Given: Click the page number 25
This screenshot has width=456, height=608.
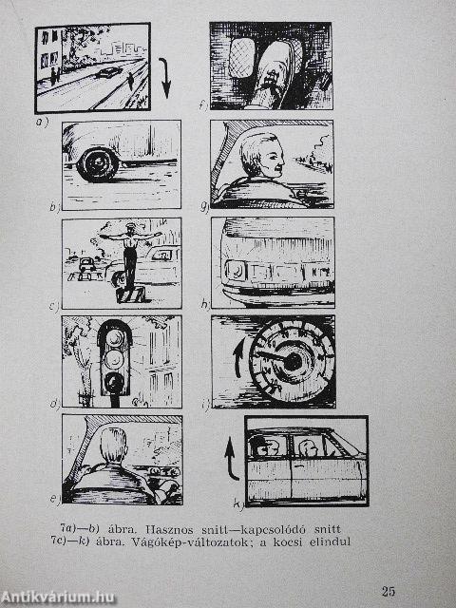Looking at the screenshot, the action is click(388, 591).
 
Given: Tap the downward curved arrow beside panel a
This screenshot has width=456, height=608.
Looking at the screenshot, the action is click(166, 78).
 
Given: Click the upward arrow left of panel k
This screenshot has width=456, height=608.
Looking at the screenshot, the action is click(232, 459).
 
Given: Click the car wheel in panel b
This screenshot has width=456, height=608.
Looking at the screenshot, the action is click(97, 164).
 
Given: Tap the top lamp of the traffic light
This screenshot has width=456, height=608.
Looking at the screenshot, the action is click(115, 338).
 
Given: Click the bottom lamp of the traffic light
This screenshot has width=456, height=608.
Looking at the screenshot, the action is click(114, 382).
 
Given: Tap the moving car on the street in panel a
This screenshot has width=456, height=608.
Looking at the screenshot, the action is click(108, 72).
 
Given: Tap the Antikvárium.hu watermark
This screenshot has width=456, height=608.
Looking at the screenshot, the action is click(57, 597).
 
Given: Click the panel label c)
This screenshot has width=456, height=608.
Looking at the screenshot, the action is click(55, 306).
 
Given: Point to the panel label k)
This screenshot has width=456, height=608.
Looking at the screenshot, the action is click(238, 504).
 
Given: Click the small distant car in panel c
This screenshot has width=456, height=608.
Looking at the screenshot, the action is click(86, 264).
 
